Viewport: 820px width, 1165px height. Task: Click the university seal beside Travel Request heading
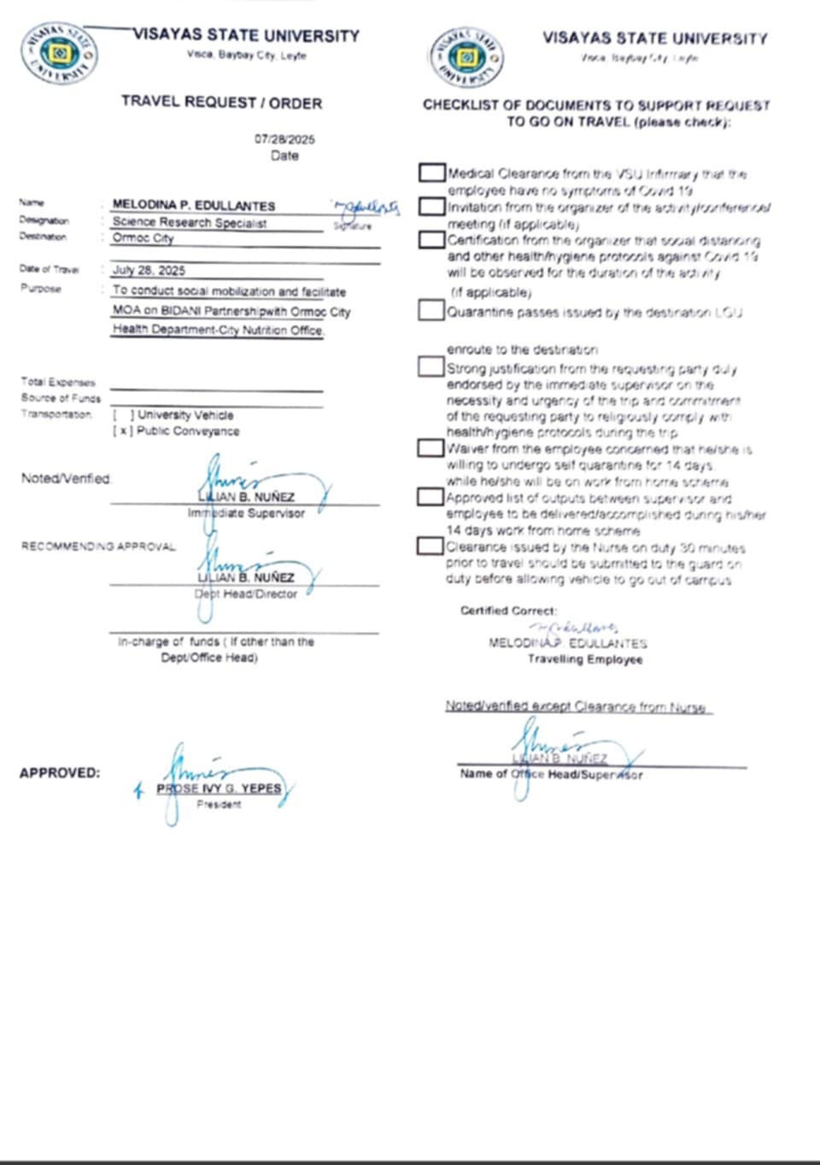[x=59, y=54]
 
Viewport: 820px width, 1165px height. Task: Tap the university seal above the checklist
[x=466, y=57]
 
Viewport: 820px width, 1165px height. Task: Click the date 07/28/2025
[x=284, y=138]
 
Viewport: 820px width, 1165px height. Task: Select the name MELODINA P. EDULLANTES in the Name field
[x=194, y=205]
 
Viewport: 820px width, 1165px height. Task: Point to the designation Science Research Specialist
[x=190, y=222]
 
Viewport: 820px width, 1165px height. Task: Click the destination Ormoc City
[x=143, y=238]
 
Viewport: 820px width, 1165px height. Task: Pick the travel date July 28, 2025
[x=149, y=270]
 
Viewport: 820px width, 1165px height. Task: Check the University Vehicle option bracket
[x=123, y=415]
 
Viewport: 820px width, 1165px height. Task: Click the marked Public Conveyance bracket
[x=123, y=431]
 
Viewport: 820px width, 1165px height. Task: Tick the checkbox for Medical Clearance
[x=432, y=173]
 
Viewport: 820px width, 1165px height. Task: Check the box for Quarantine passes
[x=431, y=311]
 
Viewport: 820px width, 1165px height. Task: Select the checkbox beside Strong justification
[x=430, y=367]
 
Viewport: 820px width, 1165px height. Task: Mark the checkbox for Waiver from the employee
[x=430, y=448]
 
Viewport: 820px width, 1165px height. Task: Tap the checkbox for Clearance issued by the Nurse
[x=430, y=546]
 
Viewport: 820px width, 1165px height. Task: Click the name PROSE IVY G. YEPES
[x=219, y=788]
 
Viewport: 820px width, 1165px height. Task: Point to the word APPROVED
[x=59, y=773]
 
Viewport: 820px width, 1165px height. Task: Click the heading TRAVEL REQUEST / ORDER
[x=221, y=102]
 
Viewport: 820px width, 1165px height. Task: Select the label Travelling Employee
[x=584, y=659]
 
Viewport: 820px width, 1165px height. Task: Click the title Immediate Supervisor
[x=246, y=513]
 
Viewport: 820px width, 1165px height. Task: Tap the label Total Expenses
[x=58, y=382]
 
